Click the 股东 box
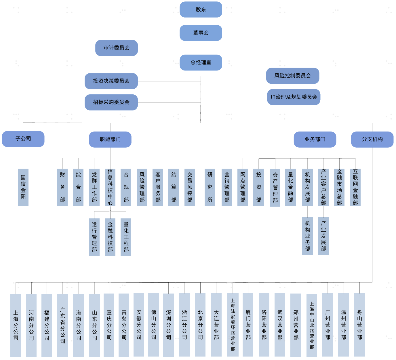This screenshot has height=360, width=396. tap(201, 9)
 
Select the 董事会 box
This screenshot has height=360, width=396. tap(201, 33)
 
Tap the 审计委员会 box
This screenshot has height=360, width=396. tap(117, 48)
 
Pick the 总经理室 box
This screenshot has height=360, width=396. tap(201, 63)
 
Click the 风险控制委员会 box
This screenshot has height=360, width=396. tap(293, 76)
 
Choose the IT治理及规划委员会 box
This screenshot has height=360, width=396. tap(294, 97)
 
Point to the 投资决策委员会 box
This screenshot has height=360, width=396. tap(111, 81)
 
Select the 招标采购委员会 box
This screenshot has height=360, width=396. tap(111, 102)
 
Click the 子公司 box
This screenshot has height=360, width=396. tap(23, 139)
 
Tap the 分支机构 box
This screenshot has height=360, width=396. tap(372, 139)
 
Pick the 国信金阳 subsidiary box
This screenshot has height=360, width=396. tap(23, 187)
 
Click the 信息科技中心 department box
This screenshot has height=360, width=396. tap(110, 187)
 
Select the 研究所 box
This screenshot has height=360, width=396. tap(210, 187)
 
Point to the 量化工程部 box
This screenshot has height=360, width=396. tap(126, 237)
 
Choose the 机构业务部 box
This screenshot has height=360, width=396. tap(307, 236)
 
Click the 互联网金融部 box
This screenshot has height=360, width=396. tap(355, 187)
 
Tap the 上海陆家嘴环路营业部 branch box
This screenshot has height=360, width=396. tap(233, 325)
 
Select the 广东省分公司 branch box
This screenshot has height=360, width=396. tap(62, 325)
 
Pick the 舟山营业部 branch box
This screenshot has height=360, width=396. tap(359, 325)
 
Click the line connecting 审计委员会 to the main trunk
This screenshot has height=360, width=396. tap(170, 48)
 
